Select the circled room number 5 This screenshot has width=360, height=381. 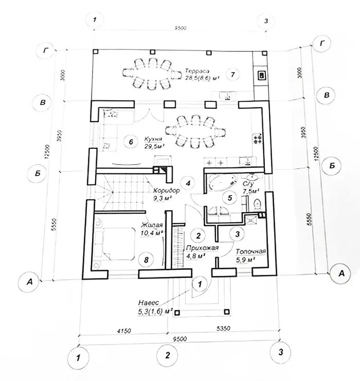(x=230, y=197)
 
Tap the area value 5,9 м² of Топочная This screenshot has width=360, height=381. (x=245, y=261)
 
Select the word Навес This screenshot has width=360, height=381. (x=149, y=303)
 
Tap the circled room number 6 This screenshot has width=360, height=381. (x=131, y=142)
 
